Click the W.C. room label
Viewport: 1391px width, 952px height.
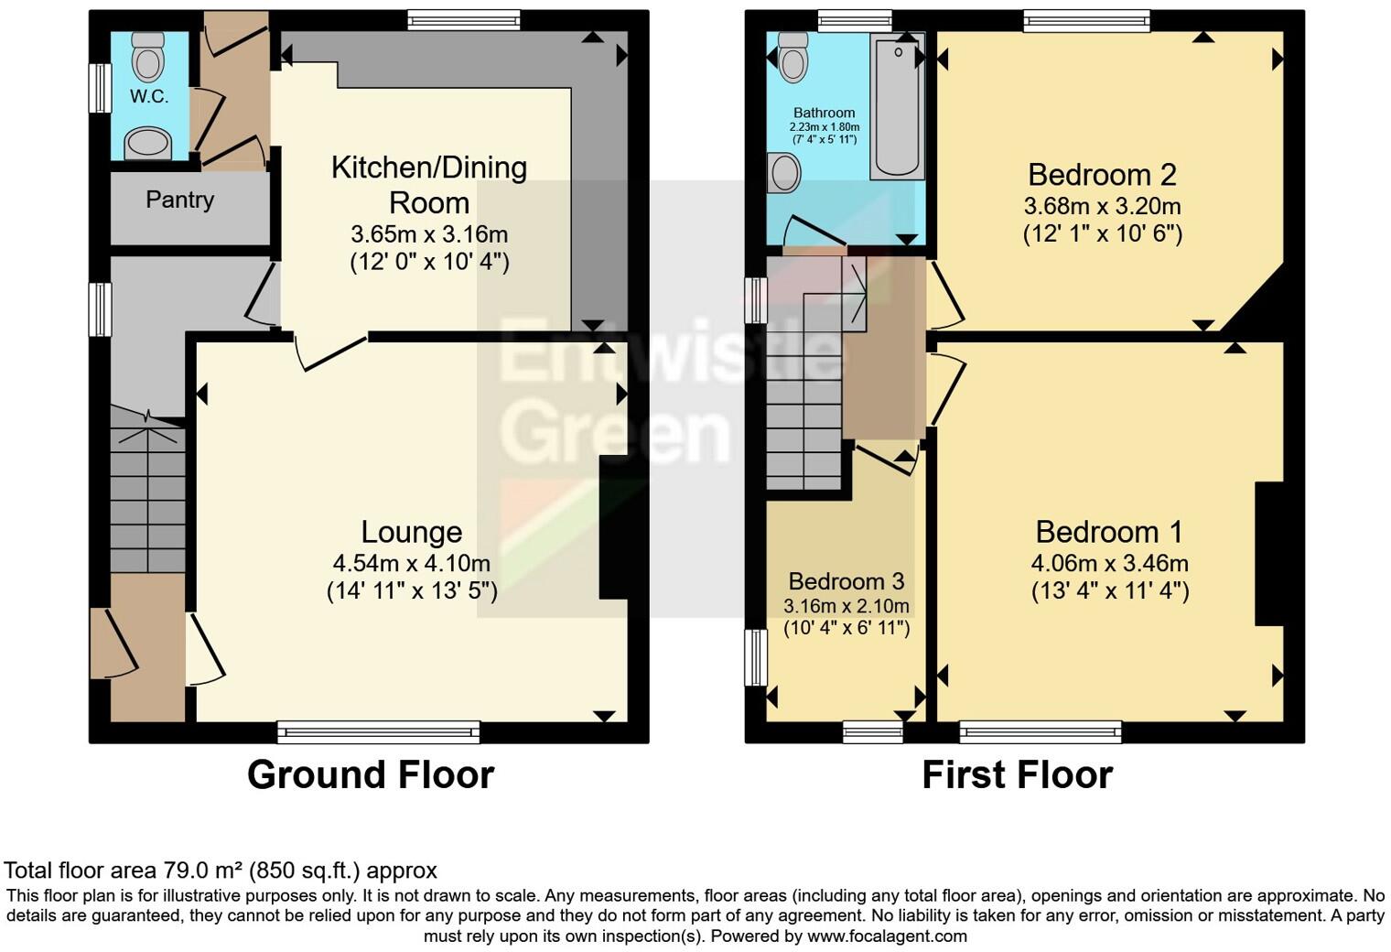coord(148,96)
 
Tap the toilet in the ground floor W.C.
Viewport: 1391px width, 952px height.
coord(148,57)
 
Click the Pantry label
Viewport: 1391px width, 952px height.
coord(179,200)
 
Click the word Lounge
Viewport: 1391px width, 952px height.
coord(412,532)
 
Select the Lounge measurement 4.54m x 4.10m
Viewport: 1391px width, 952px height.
coord(412,563)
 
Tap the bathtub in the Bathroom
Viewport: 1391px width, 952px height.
coord(896,105)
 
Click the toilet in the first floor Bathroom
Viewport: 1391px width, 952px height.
coord(793,58)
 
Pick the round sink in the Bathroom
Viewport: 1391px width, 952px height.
coord(784,173)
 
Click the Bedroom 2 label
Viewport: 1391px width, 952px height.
coord(1102,174)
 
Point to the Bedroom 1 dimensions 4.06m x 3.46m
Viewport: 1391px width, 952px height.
coord(1110,563)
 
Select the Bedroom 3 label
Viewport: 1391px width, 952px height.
coord(846,581)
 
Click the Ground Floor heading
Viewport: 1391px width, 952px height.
coord(371,774)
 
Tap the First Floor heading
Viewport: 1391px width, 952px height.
coord(1017,774)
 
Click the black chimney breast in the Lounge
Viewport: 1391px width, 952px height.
coord(612,528)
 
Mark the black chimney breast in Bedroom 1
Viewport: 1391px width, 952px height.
coord(1268,554)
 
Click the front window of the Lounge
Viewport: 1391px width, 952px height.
coord(378,730)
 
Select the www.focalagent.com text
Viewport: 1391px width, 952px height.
coord(887,936)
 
